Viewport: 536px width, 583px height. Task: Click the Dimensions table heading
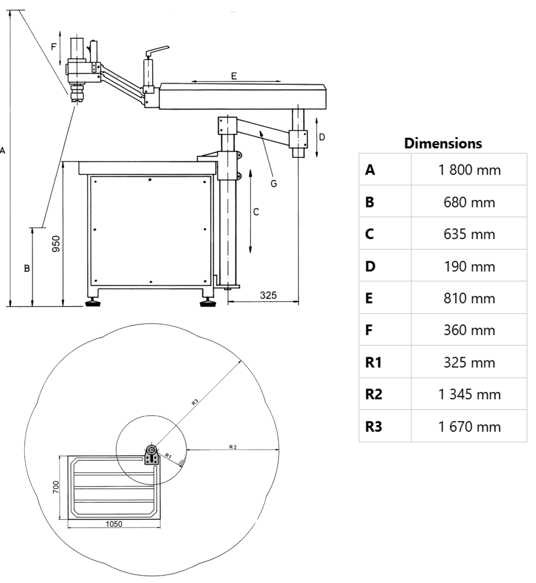pyautogui.click(x=443, y=143)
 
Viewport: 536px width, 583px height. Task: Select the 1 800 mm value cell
pyautogui.click(x=469, y=170)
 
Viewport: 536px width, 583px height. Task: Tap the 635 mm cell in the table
pyautogui.click(x=469, y=234)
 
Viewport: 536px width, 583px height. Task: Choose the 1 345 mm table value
pyautogui.click(x=469, y=395)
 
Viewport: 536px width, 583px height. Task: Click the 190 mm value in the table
pyautogui.click(x=469, y=266)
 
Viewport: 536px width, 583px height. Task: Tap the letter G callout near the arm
pyautogui.click(x=274, y=182)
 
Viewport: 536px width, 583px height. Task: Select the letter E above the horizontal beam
pyautogui.click(x=234, y=76)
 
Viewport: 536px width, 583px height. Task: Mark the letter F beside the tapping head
pyautogui.click(x=53, y=46)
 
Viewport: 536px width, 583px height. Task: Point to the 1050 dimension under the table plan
pyautogui.click(x=114, y=524)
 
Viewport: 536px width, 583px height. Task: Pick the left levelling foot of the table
pyautogui.click(x=94, y=302)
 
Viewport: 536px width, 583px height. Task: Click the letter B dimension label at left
pyautogui.click(x=27, y=268)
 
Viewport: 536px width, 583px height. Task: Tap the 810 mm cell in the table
pyautogui.click(x=469, y=298)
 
